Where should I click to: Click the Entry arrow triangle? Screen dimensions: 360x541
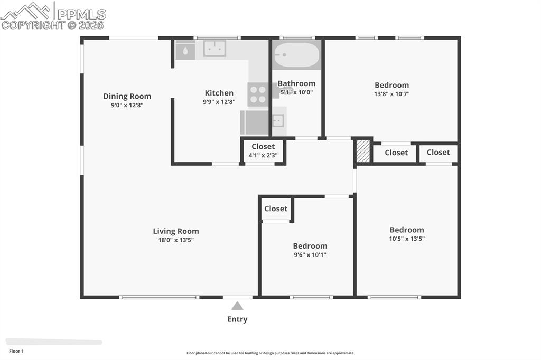tap(237, 306)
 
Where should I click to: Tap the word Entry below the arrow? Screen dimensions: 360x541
tap(237, 319)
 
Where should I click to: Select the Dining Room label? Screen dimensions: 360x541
tap(127, 96)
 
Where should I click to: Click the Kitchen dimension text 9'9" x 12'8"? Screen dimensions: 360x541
tap(219, 102)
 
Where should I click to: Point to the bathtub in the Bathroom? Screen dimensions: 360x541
tap(296, 54)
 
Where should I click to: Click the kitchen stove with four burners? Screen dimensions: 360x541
tap(258, 94)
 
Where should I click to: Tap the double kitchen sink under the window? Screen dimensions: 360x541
tap(214, 48)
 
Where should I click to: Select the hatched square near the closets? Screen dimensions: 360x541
tap(362, 151)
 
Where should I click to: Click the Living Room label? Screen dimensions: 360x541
tap(176, 231)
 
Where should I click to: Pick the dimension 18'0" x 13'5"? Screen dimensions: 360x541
tap(176, 240)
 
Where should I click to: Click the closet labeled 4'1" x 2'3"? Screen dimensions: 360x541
tap(263, 151)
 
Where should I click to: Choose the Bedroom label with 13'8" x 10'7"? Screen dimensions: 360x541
tap(391, 85)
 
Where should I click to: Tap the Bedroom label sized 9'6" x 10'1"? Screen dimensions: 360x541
tap(310, 245)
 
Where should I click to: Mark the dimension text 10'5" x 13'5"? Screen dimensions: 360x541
tap(407, 238)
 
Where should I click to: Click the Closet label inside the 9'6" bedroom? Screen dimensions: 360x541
tap(276, 209)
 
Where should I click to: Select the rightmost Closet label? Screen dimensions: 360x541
tap(438, 152)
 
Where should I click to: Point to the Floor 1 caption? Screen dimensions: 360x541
tap(16, 351)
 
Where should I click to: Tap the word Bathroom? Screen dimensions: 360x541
tap(296, 83)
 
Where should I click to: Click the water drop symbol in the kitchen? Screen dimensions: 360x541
tap(185, 51)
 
